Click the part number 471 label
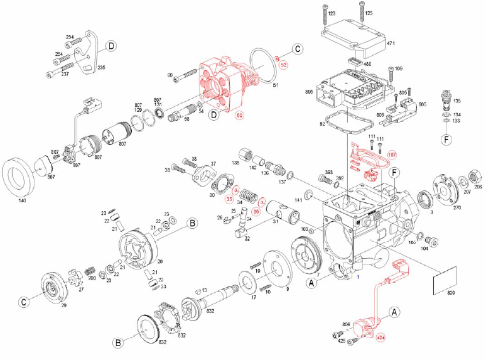coord(390,43)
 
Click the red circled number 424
coord(381,339)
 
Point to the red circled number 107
coord(392,155)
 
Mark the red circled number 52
coord(283,64)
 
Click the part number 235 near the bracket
coord(100,68)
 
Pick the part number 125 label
coord(369,13)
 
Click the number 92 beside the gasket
coord(322,124)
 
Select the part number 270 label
coord(456,207)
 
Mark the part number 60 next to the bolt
coord(170,75)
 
